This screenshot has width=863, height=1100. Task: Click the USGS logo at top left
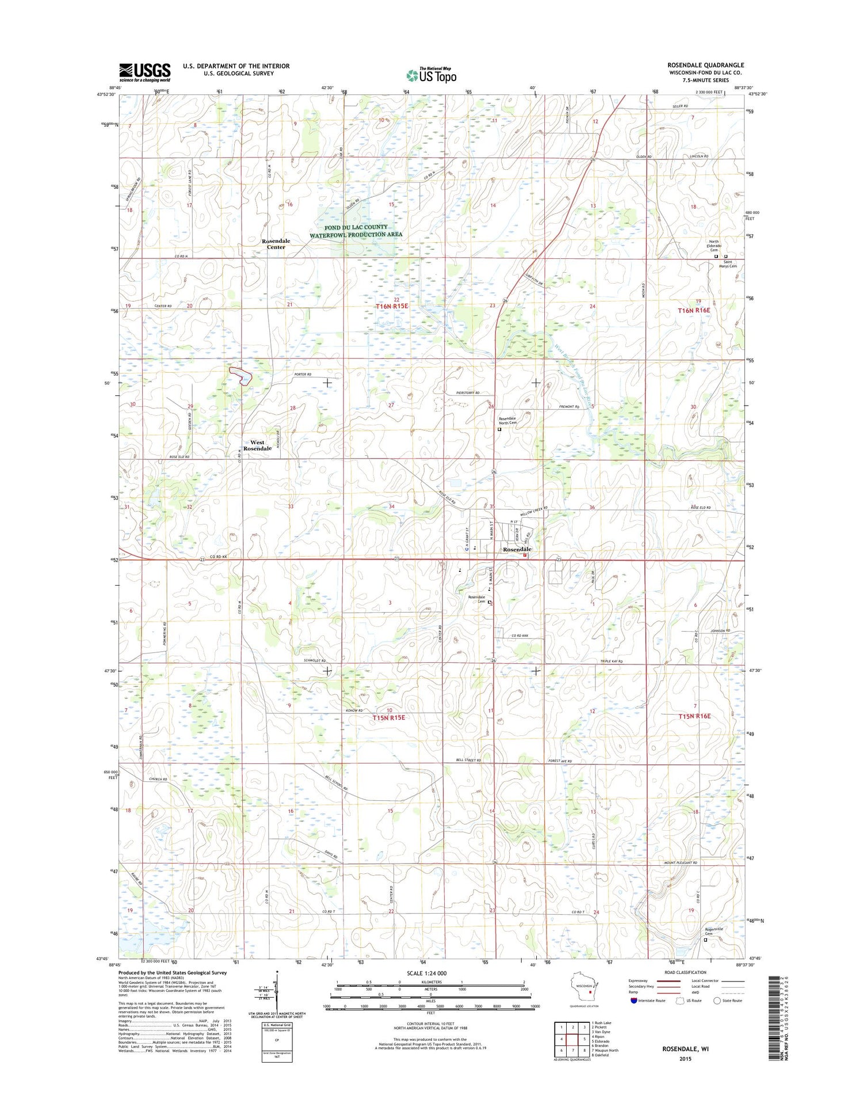click(145, 72)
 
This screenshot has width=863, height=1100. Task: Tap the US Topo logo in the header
click(431, 75)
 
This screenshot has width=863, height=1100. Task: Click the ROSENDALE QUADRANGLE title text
click(705, 65)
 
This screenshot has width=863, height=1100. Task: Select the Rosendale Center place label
click(276, 244)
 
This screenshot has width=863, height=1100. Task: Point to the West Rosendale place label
click(257, 445)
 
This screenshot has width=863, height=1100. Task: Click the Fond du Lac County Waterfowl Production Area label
click(356, 231)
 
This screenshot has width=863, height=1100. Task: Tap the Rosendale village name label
click(517, 549)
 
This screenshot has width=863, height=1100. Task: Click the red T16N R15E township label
click(391, 306)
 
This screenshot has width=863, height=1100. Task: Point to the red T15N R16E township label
click(694, 716)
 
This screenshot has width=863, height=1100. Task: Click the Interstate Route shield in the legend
click(634, 1000)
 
